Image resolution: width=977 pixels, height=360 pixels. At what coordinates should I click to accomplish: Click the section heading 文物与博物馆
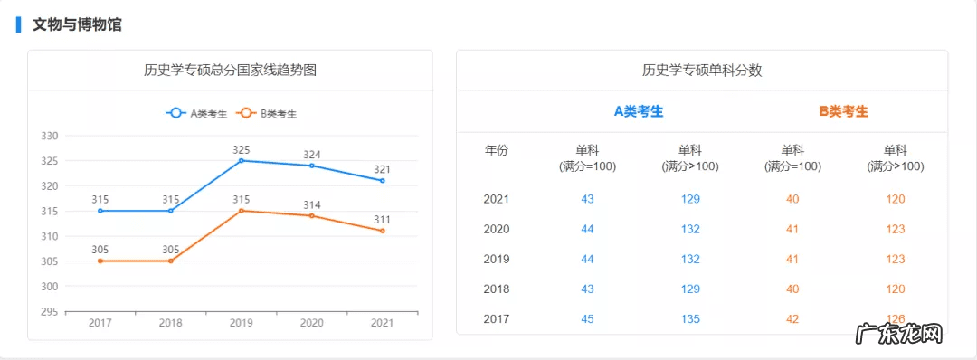click(x=77, y=24)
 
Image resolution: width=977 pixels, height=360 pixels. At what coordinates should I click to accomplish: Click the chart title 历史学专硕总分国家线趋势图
click(x=230, y=71)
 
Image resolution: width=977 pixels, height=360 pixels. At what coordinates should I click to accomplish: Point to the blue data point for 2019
click(x=242, y=160)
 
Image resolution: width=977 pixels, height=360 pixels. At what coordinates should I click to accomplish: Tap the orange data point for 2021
click(x=383, y=231)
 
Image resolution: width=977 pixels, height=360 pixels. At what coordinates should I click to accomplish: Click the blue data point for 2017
click(x=100, y=211)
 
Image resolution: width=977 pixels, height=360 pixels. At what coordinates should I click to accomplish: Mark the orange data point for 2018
click(x=171, y=261)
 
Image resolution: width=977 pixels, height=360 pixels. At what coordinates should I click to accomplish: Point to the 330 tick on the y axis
click(x=50, y=136)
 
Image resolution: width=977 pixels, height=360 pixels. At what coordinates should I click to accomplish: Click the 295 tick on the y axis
click(x=50, y=311)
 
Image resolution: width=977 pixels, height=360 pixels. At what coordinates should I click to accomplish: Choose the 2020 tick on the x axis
click(x=312, y=323)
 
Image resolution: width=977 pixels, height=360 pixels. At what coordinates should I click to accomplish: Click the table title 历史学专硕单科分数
click(x=702, y=71)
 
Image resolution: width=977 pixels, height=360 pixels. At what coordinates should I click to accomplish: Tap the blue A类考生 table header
click(x=639, y=111)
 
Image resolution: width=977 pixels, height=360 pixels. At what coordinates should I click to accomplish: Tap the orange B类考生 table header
click(x=844, y=111)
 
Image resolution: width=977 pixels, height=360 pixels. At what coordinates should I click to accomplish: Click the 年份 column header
click(x=497, y=150)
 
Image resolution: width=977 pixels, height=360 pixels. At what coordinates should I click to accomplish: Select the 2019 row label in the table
click(x=497, y=259)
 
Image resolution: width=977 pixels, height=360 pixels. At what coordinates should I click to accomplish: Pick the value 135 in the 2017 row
click(x=690, y=318)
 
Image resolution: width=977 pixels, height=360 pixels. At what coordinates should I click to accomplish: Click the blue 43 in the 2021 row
click(x=588, y=199)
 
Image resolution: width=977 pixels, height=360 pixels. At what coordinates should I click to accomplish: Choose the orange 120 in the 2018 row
click(x=896, y=289)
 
